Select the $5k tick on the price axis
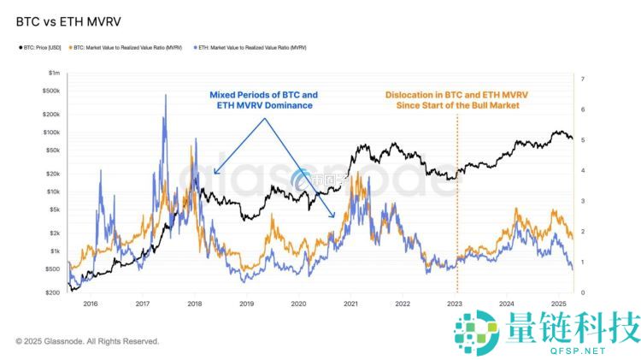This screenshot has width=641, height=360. tap(51, 210)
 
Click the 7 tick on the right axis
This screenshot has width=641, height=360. tap(581, 79)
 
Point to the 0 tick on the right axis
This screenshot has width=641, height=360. tap(581, 292)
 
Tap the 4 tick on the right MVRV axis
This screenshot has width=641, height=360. tap(581, 170)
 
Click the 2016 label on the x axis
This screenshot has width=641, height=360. tap(91, 304)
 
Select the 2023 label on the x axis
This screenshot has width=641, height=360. tap(455, 304)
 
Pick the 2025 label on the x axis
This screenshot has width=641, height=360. tap(559, 304)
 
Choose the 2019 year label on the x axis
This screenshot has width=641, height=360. tap(247, 304)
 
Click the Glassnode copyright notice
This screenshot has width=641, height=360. tap(87, 341)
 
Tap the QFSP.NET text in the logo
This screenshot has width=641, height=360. tap(580, 350)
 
